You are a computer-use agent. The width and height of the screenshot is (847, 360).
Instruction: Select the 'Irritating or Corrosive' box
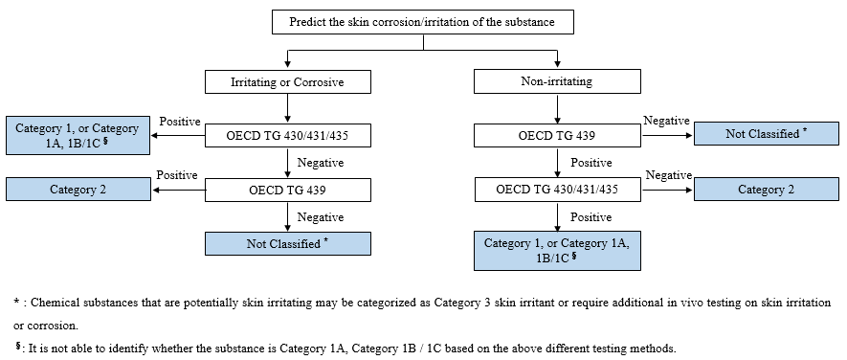pos(287,82)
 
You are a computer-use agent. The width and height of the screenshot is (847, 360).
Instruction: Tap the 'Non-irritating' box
pos(556,82)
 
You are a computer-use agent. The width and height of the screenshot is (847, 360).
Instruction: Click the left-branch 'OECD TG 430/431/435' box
pos(287,136)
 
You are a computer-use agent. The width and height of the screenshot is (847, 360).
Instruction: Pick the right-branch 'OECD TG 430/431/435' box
pos(556,190)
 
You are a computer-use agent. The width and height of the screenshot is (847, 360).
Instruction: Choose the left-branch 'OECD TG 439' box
pos(287,190)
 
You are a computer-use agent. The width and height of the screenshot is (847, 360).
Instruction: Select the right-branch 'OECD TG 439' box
pos(556,136)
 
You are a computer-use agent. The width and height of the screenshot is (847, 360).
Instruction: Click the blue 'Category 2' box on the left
pos(78,190)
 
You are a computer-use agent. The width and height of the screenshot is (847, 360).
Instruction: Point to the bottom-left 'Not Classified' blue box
pos(287,244)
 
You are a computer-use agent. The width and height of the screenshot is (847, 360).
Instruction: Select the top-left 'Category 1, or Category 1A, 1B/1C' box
pos(78,136)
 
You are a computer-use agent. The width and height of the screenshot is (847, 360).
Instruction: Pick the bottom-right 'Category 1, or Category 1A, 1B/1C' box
pos(556,251)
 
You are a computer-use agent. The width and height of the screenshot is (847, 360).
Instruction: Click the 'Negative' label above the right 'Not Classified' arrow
pos(667,121)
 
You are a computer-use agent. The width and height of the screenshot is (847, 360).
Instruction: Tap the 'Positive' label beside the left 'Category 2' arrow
pos(178,175)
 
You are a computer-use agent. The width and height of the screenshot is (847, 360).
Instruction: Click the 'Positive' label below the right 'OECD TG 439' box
pos(591,163)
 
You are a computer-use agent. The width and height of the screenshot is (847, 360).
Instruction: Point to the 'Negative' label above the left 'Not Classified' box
pos(321,217)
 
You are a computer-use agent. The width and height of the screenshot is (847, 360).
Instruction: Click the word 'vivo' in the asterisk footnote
pos(698,302)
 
